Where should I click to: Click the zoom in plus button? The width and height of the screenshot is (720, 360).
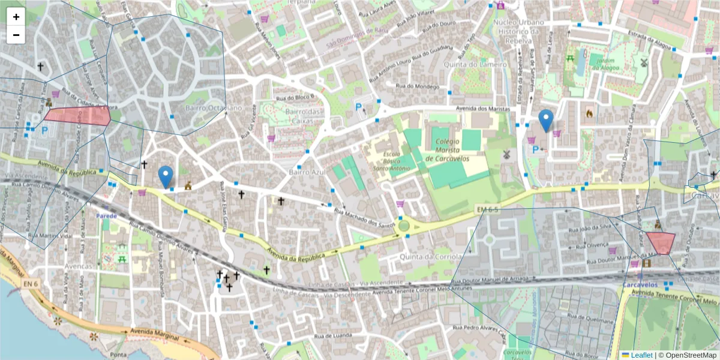tap(16, 17)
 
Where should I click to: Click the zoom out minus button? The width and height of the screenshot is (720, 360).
tap(16, 35)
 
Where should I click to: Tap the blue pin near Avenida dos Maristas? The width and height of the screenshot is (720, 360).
tap(545, 120)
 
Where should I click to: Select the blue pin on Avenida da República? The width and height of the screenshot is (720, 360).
tap(166, 176)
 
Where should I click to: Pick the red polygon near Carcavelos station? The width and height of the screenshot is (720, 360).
tap(661, 243)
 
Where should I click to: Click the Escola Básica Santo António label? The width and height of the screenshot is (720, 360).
tap(393, 161)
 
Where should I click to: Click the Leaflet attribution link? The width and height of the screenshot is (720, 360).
tap(641, 355)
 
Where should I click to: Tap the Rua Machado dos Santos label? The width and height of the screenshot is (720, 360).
tap(364, 217)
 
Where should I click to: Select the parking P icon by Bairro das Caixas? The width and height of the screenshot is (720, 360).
tap(359, 108)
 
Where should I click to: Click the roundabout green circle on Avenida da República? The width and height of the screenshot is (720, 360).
tap(404, 226)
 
